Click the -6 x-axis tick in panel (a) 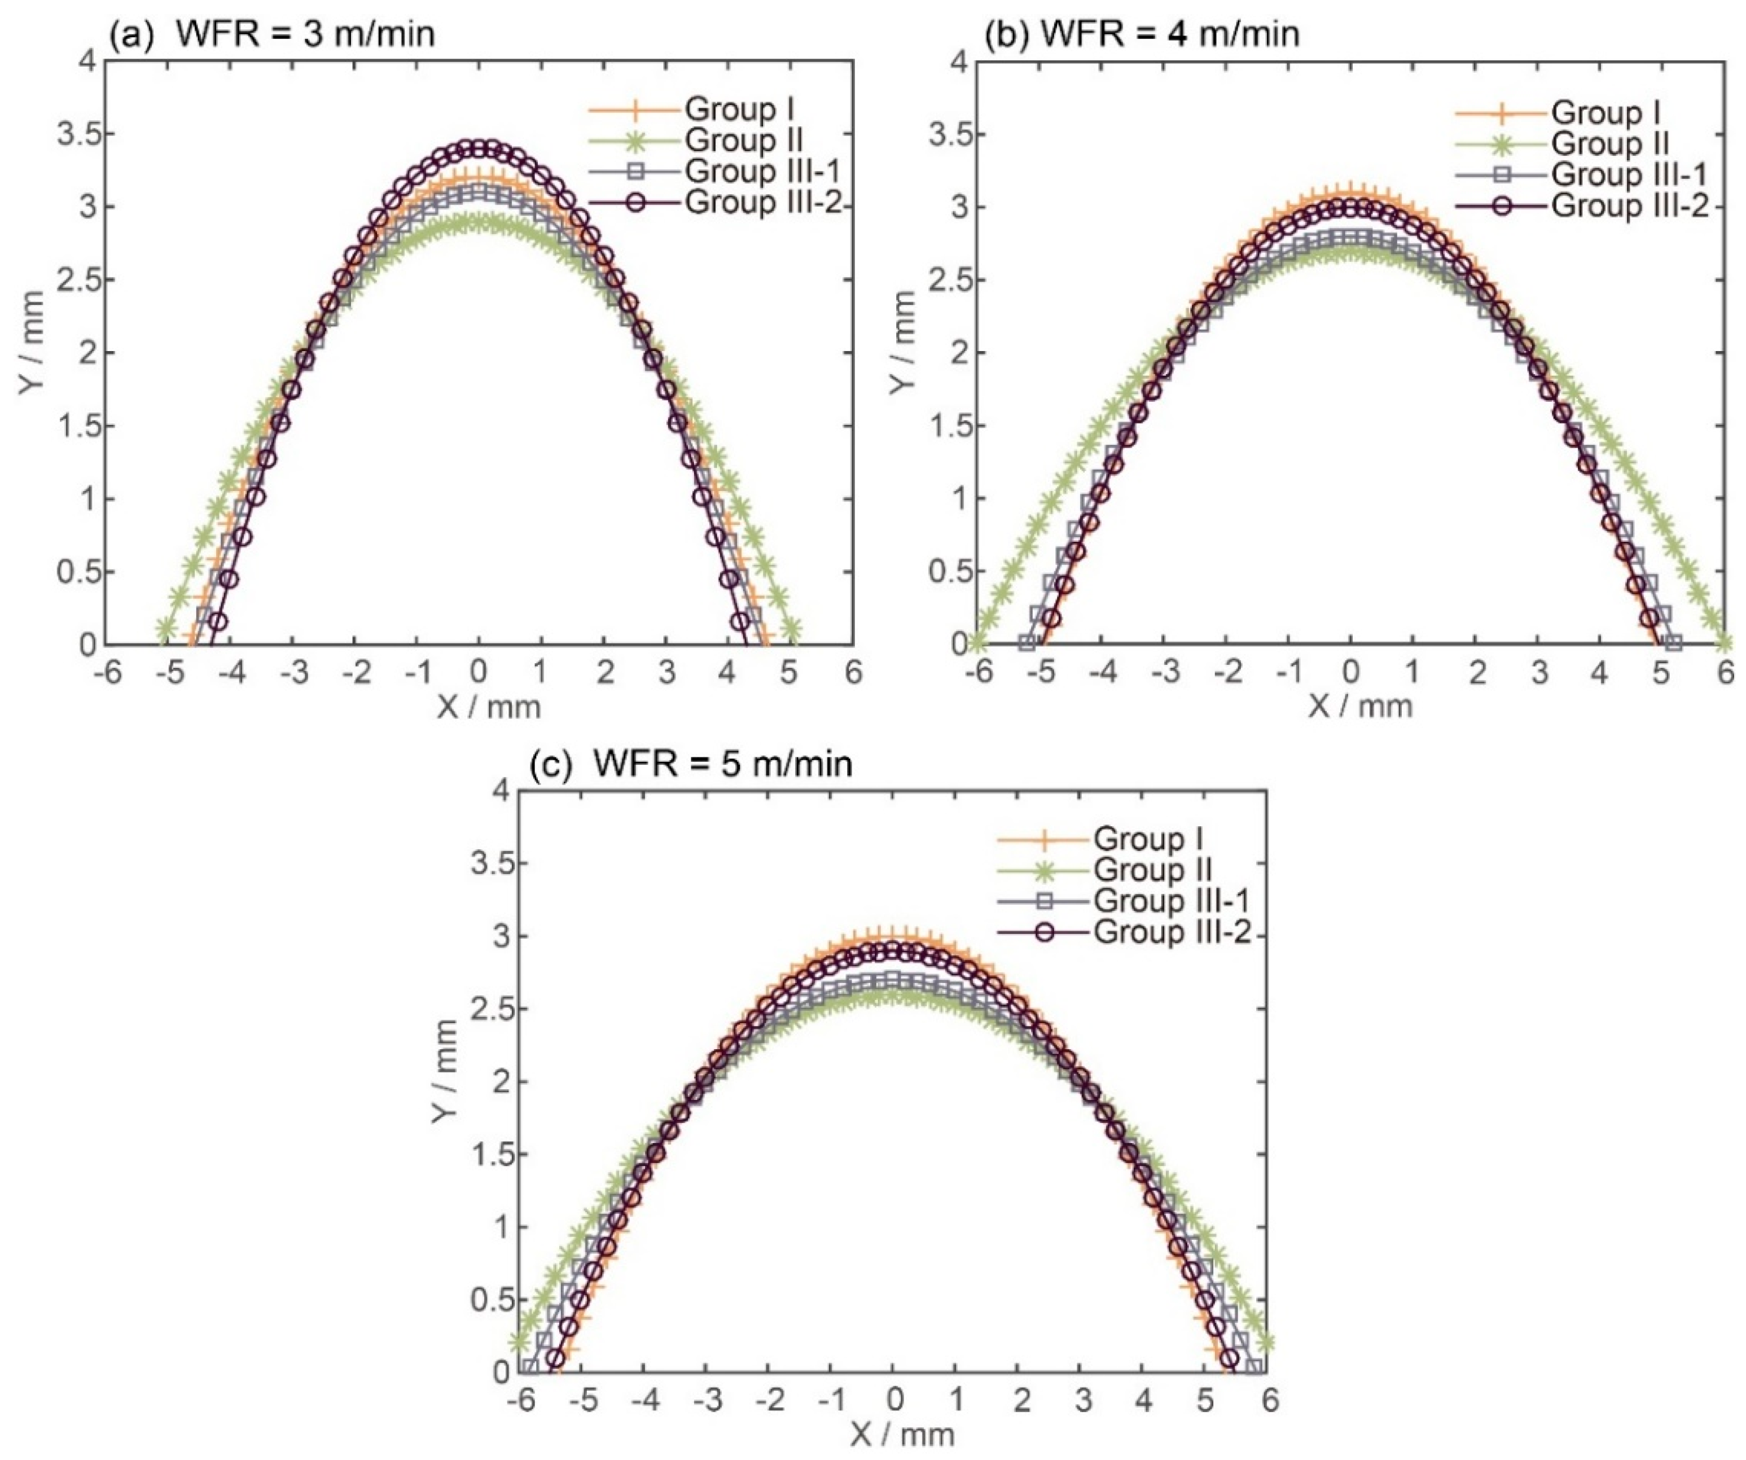tap(108, 672)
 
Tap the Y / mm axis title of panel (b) tap(902, 353)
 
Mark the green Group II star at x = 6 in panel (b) tap(1725, 642)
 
